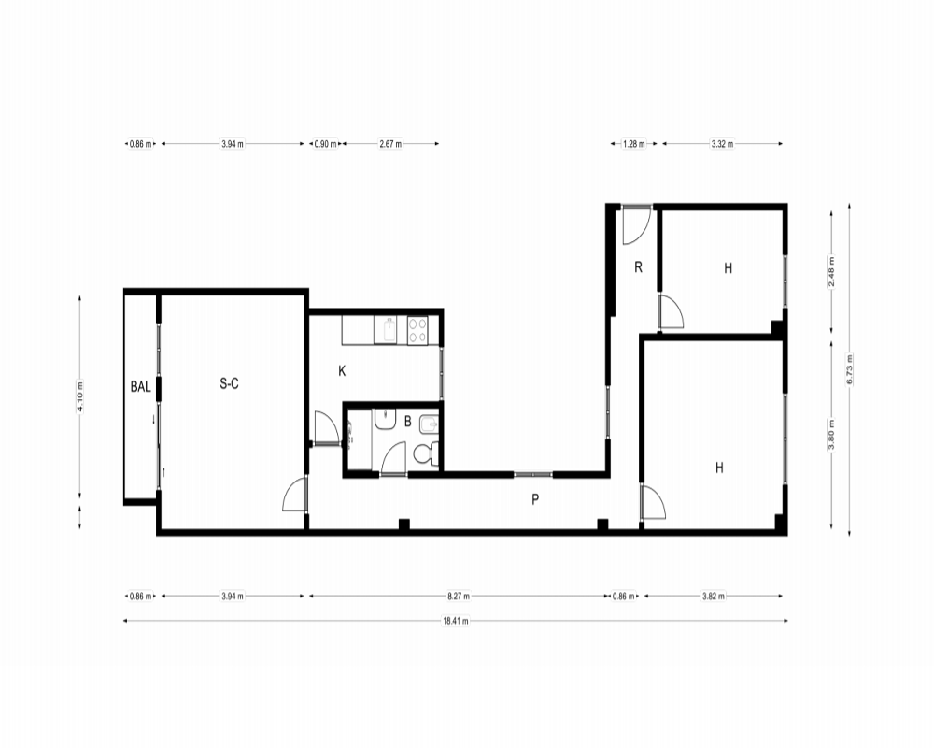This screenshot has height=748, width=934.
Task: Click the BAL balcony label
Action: click(x=141, y=386)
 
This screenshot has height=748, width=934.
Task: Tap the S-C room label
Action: click(x=230, y=383)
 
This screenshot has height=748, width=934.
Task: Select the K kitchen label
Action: click(x=342, y=371)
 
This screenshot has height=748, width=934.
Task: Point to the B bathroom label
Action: click(x=407, y=422)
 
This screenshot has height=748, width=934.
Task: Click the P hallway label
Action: click(x=535, y=500)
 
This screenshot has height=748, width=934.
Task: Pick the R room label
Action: click(x=638, y=266)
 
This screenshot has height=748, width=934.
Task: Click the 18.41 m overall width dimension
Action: click(x=456, y=620)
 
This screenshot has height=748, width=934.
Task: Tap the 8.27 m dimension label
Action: click(x=459, y=596)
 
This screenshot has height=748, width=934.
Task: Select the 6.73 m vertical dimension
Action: click(x=849, y=370)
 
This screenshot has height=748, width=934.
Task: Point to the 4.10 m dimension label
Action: click(x=79, y=396)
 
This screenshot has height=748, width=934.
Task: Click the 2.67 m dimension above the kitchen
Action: click(x=390, y=144)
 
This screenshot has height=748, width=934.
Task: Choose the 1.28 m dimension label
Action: click(x=634, y=144)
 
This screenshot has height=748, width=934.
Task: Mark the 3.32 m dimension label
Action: click(x=722, y=144)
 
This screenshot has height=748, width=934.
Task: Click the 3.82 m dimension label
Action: click(x=714, y=596)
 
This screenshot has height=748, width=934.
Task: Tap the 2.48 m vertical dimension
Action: click(x=831, y=271)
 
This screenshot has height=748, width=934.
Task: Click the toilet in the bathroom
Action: click(x=425, y=453)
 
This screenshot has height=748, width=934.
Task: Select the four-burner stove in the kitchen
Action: click(x=417, y=330)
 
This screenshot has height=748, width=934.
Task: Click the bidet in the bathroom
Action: click(x=429, y=424)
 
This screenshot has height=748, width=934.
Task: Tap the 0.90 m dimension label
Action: click(x=325, y=144)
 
